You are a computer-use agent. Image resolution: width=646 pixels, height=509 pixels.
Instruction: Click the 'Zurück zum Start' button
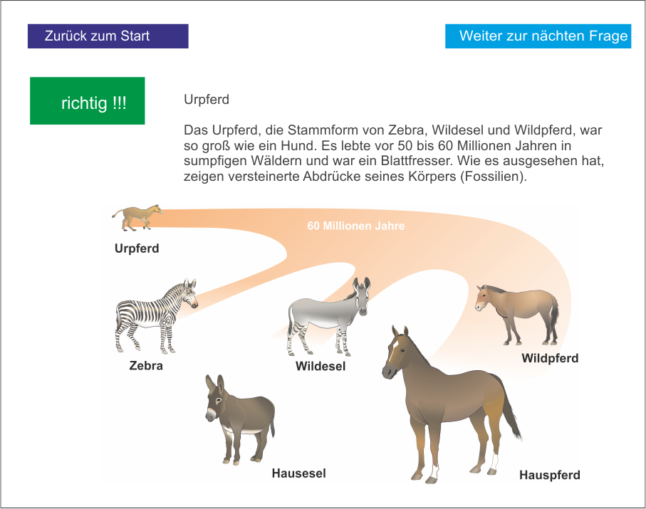(108, 36)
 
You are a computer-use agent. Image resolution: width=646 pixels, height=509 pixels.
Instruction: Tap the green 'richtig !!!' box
(88, 101)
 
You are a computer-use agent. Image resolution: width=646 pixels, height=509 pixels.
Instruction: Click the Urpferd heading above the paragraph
(207, 100)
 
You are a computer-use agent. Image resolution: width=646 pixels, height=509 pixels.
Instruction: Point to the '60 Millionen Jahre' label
(356, 226)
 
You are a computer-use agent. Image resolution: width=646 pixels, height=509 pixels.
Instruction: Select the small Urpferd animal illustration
(137, 217)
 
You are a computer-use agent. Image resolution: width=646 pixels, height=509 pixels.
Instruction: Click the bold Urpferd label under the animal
(137, 248)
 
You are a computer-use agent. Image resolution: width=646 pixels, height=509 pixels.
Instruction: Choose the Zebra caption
(146, 366)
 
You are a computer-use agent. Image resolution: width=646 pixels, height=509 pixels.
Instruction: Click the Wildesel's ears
(361, 284)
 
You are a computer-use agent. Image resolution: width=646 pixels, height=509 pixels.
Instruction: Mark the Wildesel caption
(321, 366)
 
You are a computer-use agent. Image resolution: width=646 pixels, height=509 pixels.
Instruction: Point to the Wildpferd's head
(483, 298)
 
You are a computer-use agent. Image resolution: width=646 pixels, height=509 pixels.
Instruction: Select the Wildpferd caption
(550, 358)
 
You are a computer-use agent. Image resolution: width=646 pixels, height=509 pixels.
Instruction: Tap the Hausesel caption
(298, 473)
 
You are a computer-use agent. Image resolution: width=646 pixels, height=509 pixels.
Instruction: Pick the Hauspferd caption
(550, 476)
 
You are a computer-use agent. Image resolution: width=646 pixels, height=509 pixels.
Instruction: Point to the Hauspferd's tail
(510, 408)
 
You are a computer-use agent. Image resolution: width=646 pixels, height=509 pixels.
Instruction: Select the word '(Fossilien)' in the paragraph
(494, 177)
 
